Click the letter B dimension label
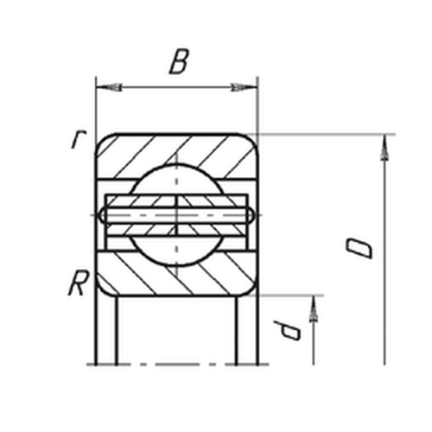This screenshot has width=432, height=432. (x=179, y=61)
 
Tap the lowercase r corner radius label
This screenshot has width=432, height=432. (x=79, y=140)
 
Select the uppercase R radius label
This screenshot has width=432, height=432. (x=78, y=283)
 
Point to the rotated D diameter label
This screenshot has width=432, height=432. (x=359, y=248)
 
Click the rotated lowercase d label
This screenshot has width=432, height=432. (x=288, y=330)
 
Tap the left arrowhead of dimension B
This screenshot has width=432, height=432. (x=109, y=86)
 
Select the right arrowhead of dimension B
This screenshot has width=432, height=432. (x=244, y=86)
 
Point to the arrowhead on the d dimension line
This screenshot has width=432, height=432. (x=314, y=308)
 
